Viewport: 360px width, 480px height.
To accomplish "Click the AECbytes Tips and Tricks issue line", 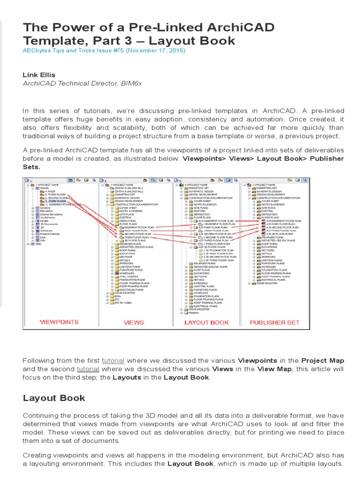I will [104, 50].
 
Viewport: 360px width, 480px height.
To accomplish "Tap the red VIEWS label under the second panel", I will [134, 322].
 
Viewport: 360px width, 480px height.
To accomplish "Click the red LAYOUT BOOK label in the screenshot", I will [206, 322].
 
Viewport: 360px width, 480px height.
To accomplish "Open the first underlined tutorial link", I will [113, 360].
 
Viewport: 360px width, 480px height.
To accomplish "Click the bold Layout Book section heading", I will [54, 398].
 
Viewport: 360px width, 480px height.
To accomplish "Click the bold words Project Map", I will [322, 360].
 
